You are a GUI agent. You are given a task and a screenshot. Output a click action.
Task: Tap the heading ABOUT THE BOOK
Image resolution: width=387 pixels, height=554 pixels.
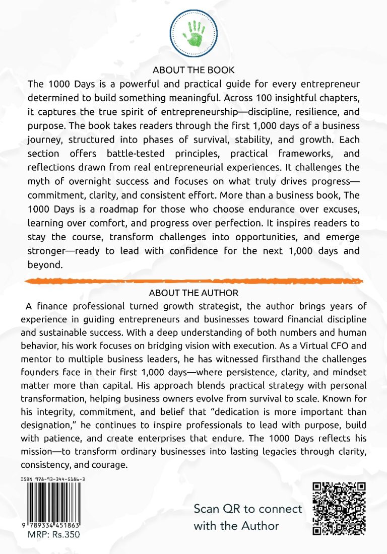193,70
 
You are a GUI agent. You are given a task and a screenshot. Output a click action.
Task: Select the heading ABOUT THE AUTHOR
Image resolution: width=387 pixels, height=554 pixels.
193,293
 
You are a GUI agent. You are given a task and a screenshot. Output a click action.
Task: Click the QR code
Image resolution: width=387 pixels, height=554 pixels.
339,509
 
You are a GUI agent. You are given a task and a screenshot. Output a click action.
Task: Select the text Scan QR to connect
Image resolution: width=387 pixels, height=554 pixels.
248,509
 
